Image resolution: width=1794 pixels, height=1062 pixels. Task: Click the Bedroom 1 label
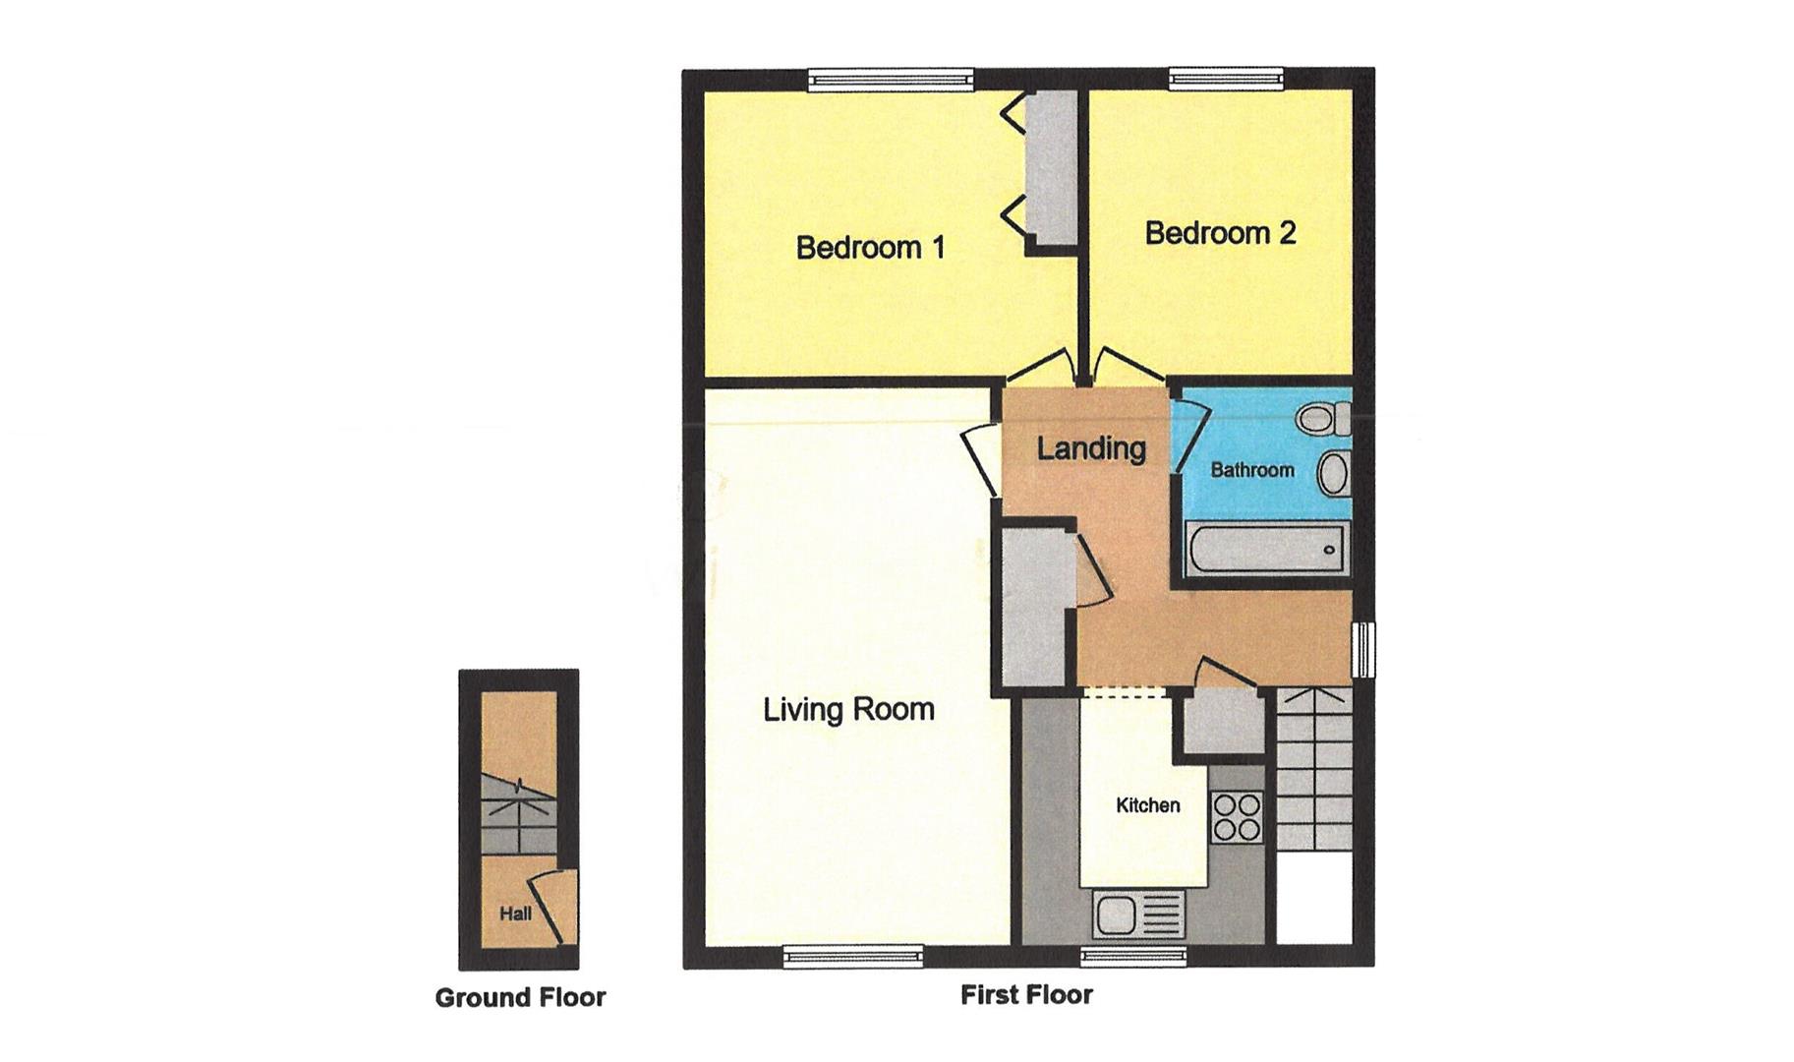pos(870,247)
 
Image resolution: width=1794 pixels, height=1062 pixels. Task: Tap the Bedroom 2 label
pos(1220,233)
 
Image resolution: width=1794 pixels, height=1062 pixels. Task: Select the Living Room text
pos(848,709)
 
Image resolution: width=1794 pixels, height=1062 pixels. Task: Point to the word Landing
pos(1091,448)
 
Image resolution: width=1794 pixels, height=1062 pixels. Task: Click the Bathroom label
pos(1251,470)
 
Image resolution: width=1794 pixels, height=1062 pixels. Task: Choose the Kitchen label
pos(1147,805)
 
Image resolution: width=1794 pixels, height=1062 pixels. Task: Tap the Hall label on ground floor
pos(515,914)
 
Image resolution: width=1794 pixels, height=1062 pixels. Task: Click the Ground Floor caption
pos(520,998)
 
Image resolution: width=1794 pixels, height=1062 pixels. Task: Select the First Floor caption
pos(1026,995)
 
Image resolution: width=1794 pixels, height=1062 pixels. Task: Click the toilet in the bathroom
pos(1321,419)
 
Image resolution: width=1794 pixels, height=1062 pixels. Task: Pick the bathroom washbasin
pos(1333,474)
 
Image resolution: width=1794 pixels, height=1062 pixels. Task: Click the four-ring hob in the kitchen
pos(1237,817)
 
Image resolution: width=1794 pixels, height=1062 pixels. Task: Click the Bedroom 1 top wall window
pos(891,81)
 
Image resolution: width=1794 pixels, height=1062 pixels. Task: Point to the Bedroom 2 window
pos(1226,79)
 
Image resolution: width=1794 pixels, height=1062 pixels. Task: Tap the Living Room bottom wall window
pos(853,954)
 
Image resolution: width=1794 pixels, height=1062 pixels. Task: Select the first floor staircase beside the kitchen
pos(1313,772)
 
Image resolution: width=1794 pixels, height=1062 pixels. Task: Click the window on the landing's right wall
pos(1363,648)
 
